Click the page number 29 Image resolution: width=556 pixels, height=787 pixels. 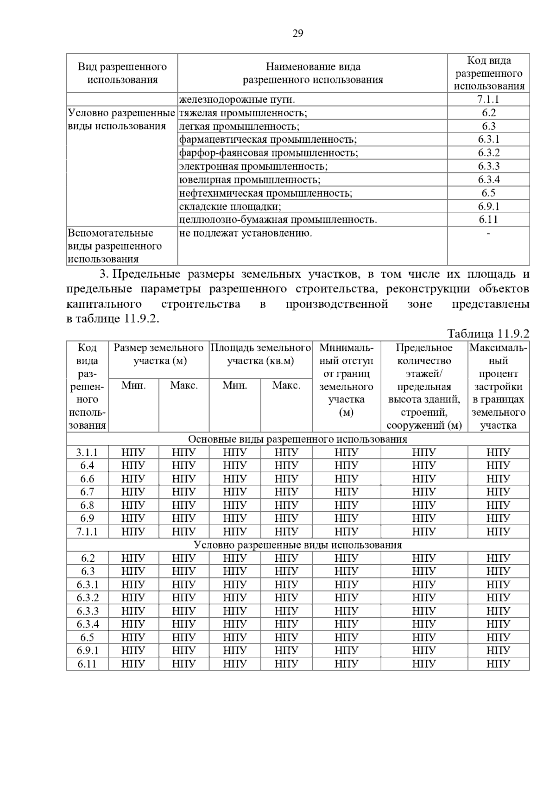298,33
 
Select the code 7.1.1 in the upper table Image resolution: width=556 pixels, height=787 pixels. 488,100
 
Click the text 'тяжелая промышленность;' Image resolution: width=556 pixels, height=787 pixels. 243,113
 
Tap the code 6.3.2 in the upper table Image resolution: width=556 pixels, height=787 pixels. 488,153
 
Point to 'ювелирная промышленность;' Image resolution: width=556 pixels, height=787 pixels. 250,180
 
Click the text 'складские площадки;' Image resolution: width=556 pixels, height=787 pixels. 230,207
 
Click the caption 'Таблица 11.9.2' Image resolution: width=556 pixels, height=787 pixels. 488,334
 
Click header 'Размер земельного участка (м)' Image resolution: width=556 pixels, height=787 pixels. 159,355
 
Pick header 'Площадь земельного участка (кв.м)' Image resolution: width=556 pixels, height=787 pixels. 260,355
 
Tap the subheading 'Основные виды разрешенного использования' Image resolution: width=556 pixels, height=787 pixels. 297,439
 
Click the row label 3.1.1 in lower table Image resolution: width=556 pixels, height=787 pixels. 87,452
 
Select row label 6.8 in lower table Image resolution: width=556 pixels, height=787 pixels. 87,505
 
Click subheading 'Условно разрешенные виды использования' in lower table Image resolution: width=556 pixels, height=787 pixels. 297,545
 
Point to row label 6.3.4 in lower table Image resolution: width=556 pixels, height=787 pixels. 88,624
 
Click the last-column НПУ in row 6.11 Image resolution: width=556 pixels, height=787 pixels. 498,664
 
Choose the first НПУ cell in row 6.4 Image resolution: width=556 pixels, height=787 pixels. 133,465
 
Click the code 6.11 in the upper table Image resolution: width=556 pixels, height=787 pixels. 488,220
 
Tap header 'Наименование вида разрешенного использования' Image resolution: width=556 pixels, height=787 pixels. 313,73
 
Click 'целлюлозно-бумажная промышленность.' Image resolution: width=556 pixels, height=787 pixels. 278,220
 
